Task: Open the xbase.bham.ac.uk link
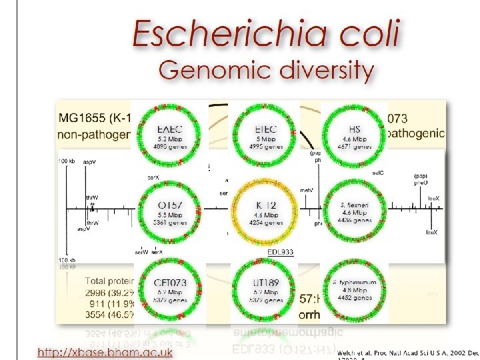coord(105,351)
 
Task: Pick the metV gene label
coord(307,191)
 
